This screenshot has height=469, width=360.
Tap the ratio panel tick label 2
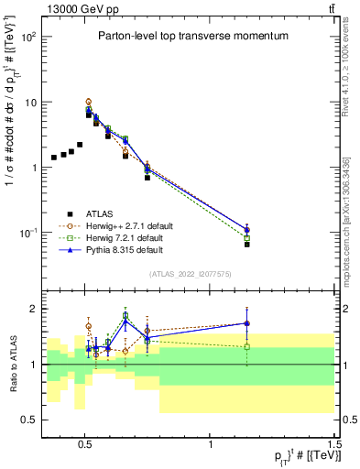tap(33, 309)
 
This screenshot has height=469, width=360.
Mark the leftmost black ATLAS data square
tap(54, 158)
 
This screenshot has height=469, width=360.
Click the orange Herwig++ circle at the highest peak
tap(89, 102)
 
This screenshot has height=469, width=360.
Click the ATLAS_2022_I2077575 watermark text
tap(189, 274)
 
